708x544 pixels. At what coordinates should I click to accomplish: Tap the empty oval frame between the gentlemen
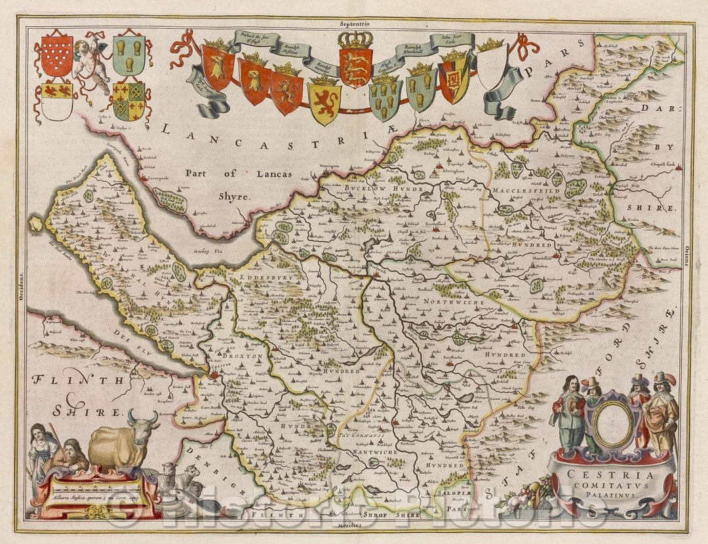tap(614, 424)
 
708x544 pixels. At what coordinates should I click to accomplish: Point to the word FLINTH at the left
tap(66, 379)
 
